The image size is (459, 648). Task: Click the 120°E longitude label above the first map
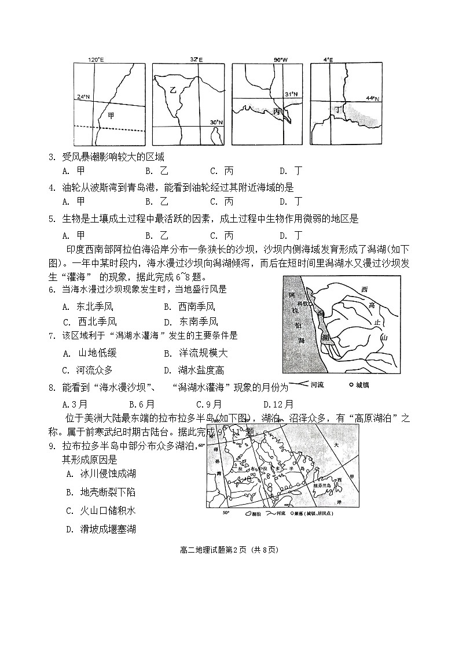point(95,60)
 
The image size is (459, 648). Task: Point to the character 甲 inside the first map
point(112,115)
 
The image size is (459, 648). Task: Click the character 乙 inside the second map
point(172,90)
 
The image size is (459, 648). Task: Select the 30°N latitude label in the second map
point(216,122)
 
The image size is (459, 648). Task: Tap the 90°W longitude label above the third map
point(280,60)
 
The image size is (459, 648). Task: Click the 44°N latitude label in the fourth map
point(373,98)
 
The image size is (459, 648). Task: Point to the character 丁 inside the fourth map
point(337,108)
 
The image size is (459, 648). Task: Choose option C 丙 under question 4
point(222,201)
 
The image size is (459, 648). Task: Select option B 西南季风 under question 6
point(189,306)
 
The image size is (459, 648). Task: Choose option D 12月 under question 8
point(278,404)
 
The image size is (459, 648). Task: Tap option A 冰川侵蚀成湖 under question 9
point(101,473)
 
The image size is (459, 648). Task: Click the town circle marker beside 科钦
point(311,303)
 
